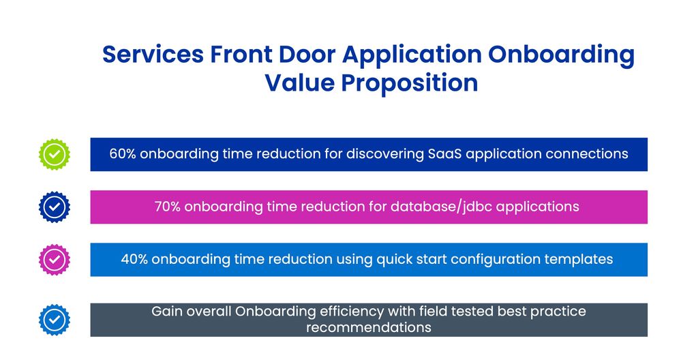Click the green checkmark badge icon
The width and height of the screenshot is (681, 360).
click(x=55, y=154)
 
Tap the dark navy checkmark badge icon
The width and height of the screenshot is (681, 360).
click(x=55, y=207)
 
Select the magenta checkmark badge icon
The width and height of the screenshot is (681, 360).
click(x=55, y=259)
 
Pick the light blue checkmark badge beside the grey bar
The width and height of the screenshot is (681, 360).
click(x=55, y=319)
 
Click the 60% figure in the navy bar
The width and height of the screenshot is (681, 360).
click(x=123, y=154)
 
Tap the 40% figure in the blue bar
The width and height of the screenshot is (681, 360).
click(x=134, y=259)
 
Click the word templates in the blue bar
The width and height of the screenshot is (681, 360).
click(x=581, y=259)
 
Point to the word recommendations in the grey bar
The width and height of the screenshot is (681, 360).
click(x=368, y=327)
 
